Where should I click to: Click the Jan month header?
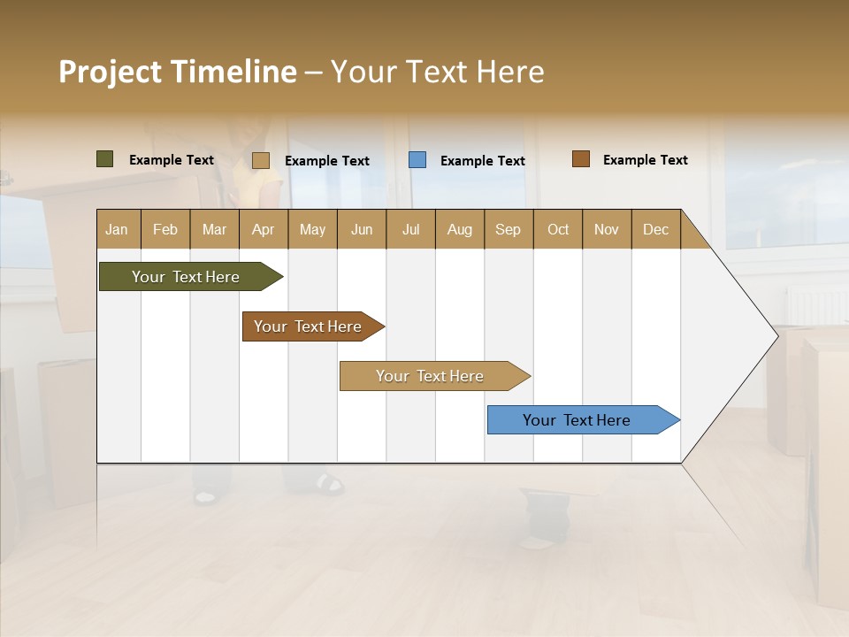point(118,229)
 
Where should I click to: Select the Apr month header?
point(264,229)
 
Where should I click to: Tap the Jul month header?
point(411,229)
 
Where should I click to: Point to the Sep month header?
point(509,229)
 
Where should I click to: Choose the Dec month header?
point(656,229)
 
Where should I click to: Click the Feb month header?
point(165,229)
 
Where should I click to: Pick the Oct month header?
point(558,229)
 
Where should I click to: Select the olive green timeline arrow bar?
point(187,277)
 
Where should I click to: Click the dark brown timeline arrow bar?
point(309,326)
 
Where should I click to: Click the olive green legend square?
point(105,159)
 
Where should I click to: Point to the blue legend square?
point(417,160)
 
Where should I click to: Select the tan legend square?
point(261,160)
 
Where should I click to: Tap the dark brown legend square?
point(581,159)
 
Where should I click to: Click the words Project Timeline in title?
point(178,72)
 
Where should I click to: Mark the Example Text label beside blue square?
point(483,161)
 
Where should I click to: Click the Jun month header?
point(362,229)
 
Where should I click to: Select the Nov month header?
point(607,229)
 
